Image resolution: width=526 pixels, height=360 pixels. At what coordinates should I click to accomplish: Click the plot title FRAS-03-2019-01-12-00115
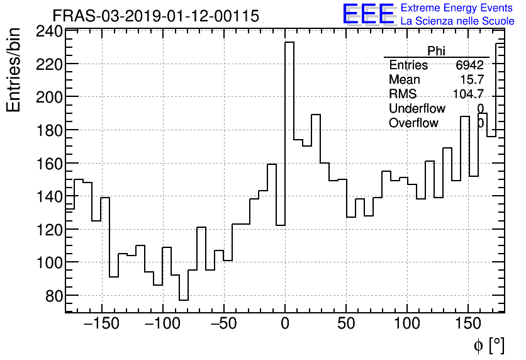[155, 16]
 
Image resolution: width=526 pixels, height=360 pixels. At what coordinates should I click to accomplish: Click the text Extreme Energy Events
[457, 8]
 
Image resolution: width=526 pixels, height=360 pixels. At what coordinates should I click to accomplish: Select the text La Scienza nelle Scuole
[457, 21]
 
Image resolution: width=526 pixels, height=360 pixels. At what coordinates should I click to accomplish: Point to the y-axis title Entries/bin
[14, 70]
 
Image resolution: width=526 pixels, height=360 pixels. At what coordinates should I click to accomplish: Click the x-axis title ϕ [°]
[488, 346]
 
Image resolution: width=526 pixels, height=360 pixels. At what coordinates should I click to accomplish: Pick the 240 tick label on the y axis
[49, 31]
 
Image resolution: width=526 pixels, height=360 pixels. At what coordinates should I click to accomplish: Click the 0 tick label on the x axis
[285, 325]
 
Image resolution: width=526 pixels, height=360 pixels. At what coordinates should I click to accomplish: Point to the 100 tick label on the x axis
[407, 325]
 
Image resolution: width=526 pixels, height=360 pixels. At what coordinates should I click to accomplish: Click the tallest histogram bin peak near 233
[289, 43]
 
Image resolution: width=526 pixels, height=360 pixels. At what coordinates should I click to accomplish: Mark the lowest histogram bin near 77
[184, 300]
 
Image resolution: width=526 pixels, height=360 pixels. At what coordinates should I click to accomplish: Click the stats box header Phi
[436, 51]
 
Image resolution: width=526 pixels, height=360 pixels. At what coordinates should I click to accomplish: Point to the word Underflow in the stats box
[417, 109]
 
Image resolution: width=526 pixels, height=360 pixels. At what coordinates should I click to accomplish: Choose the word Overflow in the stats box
[413, 123]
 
